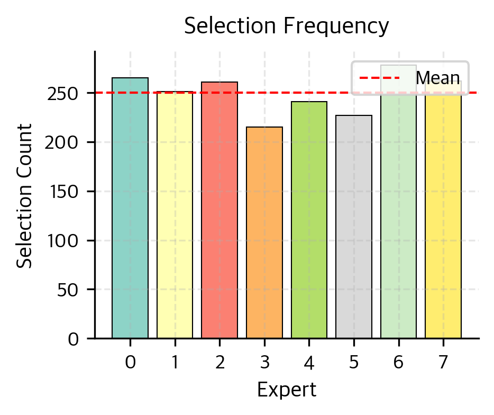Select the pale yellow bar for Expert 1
(x=175, y=214)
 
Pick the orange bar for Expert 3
(x=264, y=232)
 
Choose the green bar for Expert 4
(x=309, y=220)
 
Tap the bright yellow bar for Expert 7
(x=443, y=212)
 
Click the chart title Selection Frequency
(x=286, y=26)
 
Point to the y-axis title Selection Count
(x=24, y=196)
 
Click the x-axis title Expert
(x=286, y=390)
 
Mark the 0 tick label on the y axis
(x=74, y=339)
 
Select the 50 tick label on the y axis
(x=70, y=290)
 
